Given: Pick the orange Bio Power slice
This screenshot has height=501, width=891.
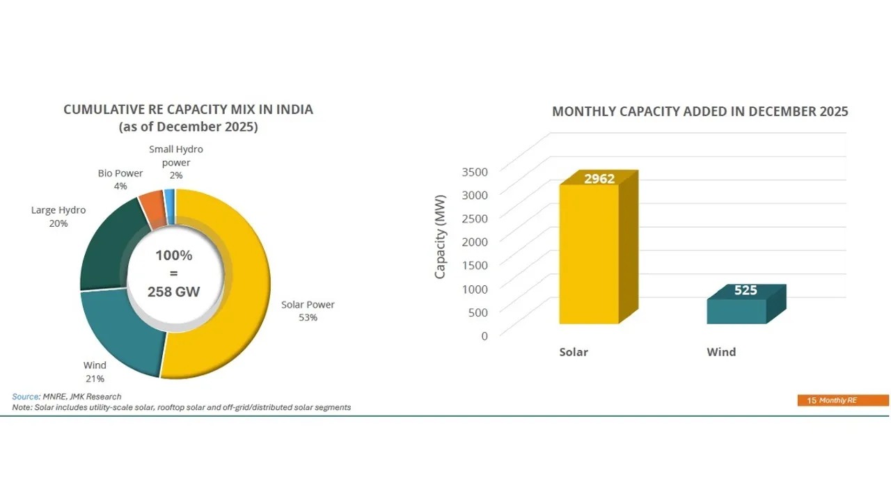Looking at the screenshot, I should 152,208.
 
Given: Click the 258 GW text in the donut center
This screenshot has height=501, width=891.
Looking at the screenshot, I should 173,292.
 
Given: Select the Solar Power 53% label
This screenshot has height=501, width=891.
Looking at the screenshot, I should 308,311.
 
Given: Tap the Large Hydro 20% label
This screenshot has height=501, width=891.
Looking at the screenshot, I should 58,216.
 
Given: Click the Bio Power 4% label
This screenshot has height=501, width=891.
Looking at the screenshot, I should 120,180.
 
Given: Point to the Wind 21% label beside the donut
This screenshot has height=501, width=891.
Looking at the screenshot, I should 95,372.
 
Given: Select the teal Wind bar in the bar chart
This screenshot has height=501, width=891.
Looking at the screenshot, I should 736,311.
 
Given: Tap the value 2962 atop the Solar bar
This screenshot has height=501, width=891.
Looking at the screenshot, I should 599,179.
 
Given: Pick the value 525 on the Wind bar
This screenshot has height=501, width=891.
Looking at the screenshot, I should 746,290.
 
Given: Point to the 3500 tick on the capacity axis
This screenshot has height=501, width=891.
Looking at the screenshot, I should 475,171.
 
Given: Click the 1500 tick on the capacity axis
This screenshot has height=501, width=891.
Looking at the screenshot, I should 475,264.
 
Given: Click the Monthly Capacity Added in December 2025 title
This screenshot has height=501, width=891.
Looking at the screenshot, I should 700,111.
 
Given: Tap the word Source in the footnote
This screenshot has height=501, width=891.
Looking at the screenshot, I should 26,397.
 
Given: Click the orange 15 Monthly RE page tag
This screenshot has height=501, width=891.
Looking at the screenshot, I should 842,400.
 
